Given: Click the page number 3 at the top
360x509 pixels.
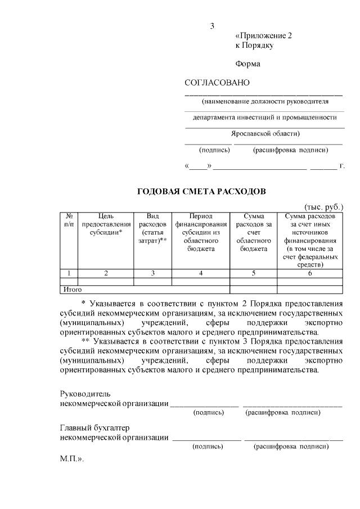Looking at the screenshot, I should click(213, 26).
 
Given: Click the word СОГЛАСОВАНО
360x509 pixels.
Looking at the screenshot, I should click(217, 83).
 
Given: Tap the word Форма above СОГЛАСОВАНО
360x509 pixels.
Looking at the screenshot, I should click(247, 64).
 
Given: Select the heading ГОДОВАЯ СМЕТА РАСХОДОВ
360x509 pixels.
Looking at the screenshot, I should click(201, 192).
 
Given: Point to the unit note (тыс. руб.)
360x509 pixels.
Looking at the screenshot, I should click(323, 207).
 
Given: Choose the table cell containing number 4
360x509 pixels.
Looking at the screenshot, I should click(201, 273).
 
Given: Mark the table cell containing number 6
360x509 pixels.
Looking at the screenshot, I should click(310, 273).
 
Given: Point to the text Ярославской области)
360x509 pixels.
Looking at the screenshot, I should click(265, 134).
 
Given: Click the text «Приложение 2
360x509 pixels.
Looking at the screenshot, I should click(264, 35).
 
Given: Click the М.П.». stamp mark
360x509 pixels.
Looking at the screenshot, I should click(71, 459).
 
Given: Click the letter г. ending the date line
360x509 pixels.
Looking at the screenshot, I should click(341, 167).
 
